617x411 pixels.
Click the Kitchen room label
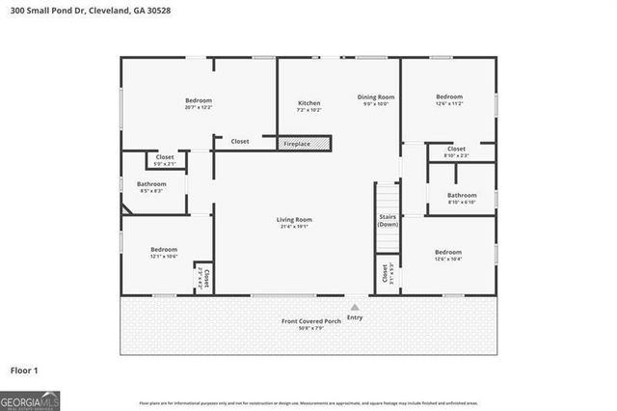point(308,102)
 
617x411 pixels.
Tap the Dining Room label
point(376,96)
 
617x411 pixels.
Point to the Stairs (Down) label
point(388,220)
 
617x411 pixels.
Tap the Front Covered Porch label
point(311,320)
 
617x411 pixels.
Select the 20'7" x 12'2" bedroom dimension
point(199,107)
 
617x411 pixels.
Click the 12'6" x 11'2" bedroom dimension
point(449,103)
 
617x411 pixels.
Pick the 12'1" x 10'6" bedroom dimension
point(164,256)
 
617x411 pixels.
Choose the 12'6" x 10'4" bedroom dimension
point(448,258)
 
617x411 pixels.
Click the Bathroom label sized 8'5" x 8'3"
point(151,183)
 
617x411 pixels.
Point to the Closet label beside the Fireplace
point(239,142)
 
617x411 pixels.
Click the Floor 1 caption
point(24,370)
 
